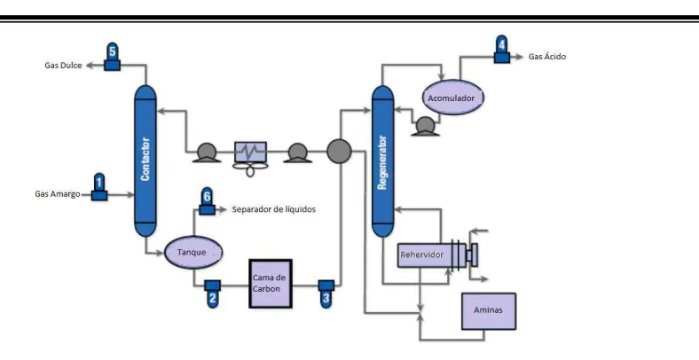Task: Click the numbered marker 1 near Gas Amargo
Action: (99, 187)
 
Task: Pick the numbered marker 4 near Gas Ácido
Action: (502, 49)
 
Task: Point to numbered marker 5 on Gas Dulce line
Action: (112, 57)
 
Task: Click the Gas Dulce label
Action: (63, 66)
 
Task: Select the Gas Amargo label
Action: (58, 194)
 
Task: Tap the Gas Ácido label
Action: (547, 57)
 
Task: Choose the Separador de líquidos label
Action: (274, 209)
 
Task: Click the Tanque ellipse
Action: (193, 252)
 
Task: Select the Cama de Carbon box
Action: (271, 284)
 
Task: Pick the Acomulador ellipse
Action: (453, 98)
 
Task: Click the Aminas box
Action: (489, 311)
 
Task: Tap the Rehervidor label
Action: (421, 254)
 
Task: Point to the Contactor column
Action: (145, 160)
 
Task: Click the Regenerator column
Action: (383, 161)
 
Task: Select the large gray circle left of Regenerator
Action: (339, 151)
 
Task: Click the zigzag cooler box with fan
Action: (250, 153)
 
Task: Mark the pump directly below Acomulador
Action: (425, 127)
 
